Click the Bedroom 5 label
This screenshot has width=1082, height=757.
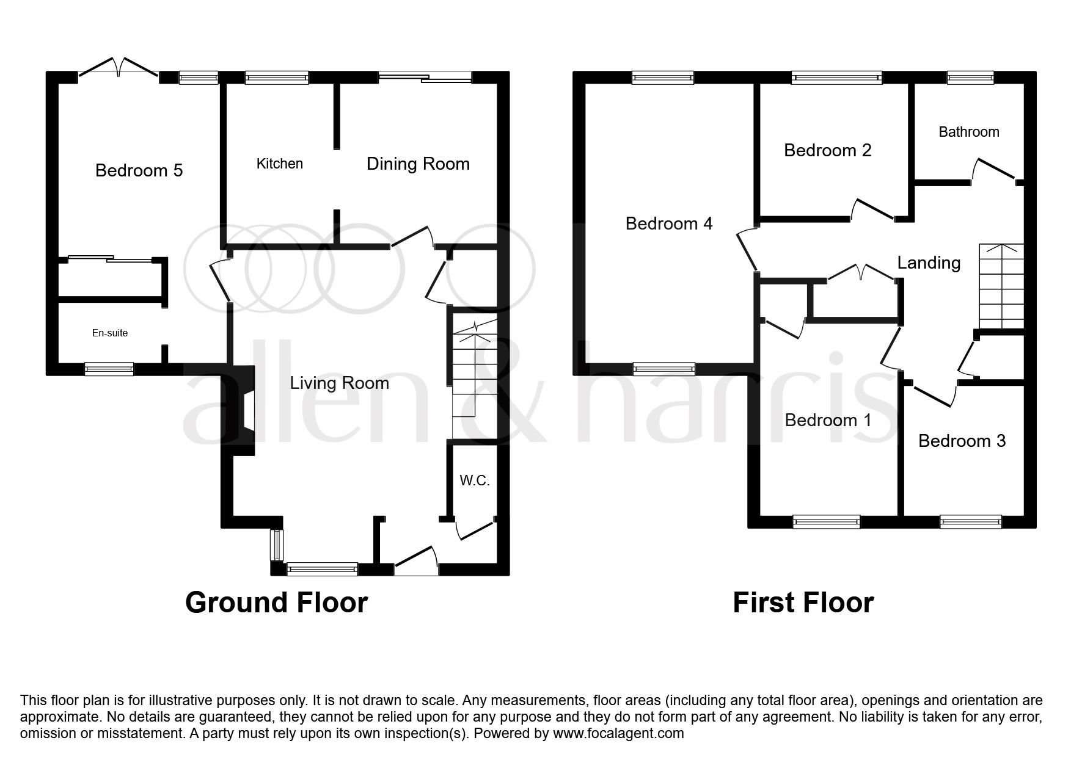139,170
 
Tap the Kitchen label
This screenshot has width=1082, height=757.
279,164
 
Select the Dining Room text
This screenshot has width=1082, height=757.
418,164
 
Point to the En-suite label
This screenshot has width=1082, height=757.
110,333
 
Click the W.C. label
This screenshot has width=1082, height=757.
475,480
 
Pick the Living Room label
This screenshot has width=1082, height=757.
339,383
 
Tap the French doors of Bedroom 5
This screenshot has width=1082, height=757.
119,67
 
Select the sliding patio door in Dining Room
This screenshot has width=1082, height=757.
425,77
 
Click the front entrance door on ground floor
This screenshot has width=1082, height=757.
416,562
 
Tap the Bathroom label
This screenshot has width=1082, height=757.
969,132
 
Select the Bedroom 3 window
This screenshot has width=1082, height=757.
970,521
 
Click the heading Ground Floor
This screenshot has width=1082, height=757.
276,603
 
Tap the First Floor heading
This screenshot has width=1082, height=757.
803,603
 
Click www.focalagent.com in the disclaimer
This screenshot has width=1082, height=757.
618,733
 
